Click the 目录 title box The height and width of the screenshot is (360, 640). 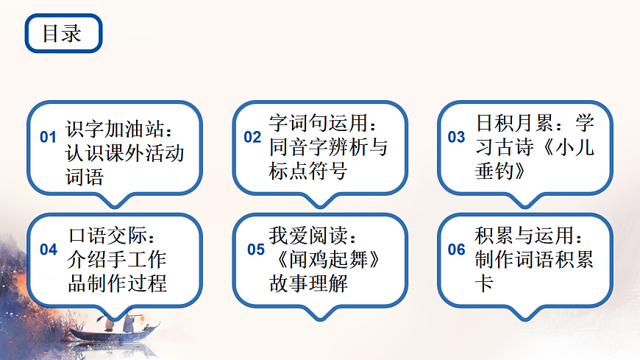pyautogui.click(x=63, y=34)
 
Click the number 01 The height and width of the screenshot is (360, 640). pyautogui.click(x=48, y=137)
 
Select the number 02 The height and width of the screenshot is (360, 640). pyautogui.click(x=252, y=137)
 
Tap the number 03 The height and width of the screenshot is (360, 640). pyautogui.click(x=456, y=137)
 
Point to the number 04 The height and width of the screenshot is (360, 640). pyautogui.click(x=49, y=250)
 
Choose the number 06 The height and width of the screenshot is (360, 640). pyautogui.click(x=456, y=250)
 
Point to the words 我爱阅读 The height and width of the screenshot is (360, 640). pyautogui.click(x=307, y=236)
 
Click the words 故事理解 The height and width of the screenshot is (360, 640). pyautogui.click(x=307, y=283)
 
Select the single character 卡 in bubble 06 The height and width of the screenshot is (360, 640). pyautogui.click(x=484, y=283)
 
